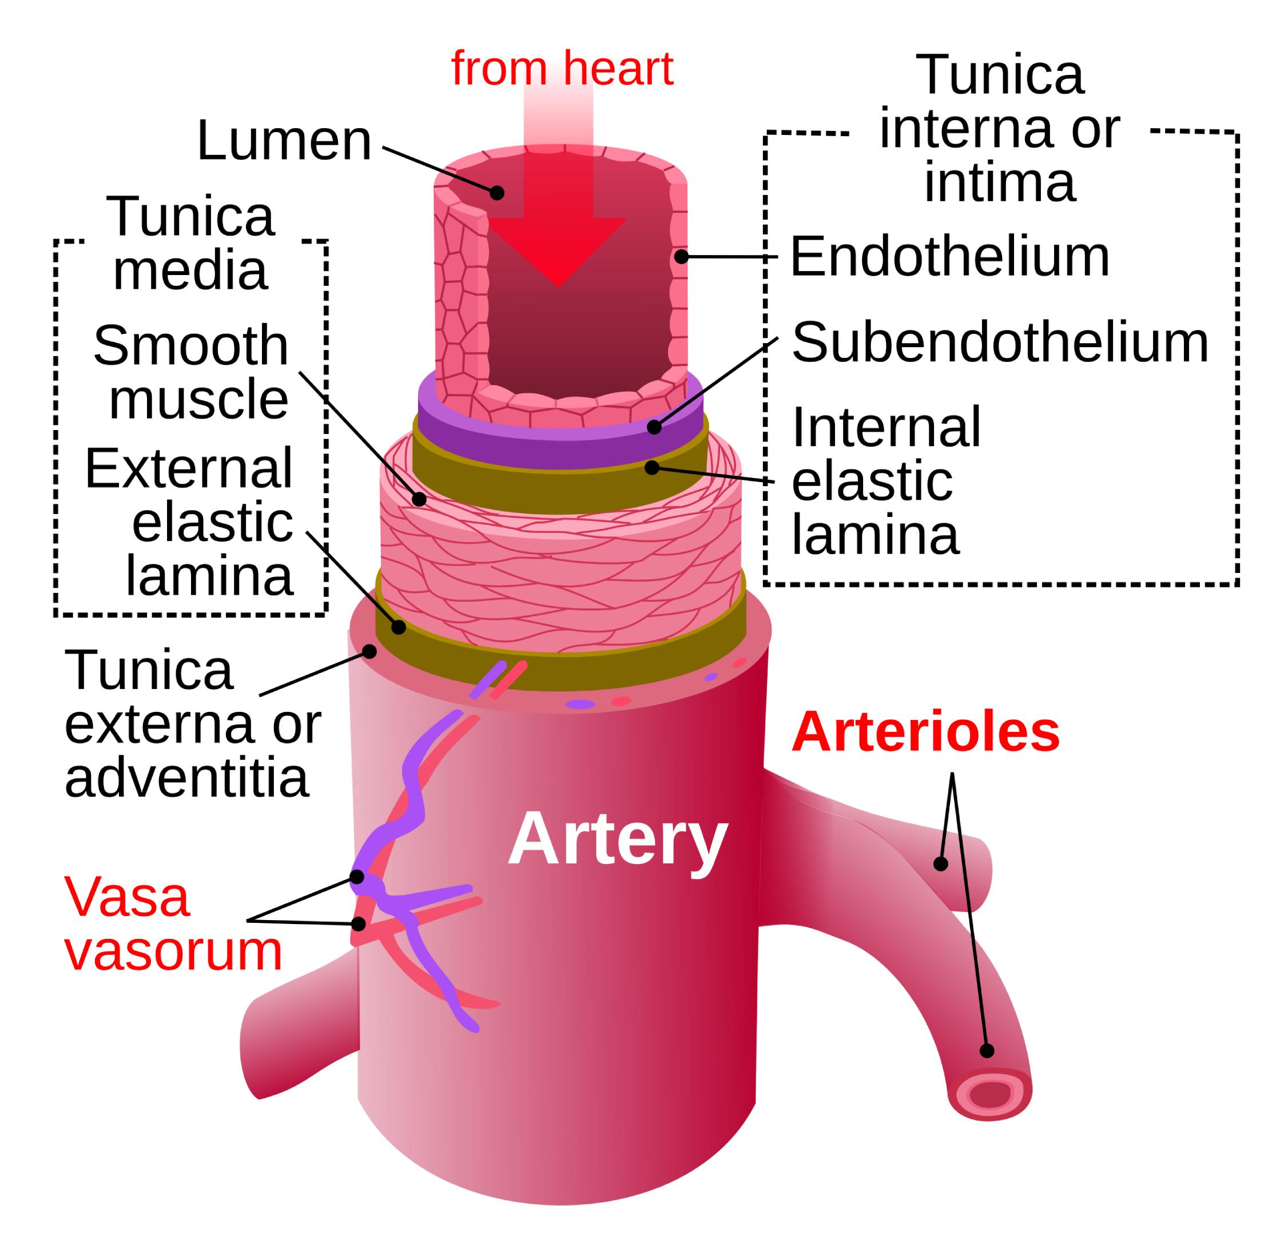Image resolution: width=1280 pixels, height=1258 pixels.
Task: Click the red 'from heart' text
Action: coord(562,68)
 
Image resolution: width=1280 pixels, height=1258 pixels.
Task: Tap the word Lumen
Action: coord(284,141)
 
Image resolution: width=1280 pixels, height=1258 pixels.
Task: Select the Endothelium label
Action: coord(949,257)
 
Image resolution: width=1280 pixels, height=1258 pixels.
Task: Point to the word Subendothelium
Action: coord(1000,343)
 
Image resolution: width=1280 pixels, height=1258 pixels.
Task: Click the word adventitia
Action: coord(186,779)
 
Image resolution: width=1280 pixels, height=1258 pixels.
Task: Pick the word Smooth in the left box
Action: coord(191,345)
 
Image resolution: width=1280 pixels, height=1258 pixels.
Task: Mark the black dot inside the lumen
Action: coord(497,193)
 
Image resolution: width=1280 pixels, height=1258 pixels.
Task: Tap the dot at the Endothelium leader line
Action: coord(682,256)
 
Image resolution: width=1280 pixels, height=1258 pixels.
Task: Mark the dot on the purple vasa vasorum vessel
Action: coord(357,877)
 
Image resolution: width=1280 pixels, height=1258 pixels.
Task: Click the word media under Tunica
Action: coord(190,270)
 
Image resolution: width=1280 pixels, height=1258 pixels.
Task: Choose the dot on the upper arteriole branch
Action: coord(941,863)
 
